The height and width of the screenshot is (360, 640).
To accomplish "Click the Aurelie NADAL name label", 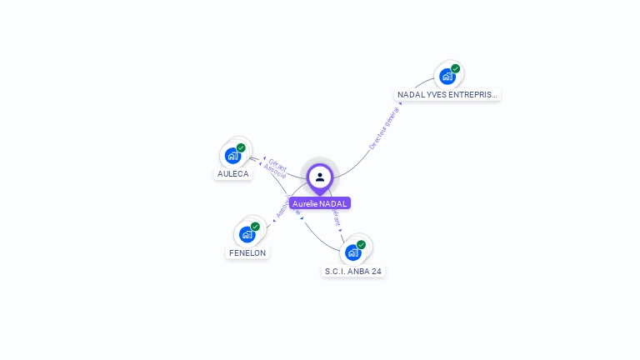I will [320, 203].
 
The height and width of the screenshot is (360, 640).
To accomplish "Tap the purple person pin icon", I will [320, 177].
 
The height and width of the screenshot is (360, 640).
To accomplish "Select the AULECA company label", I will [233, 174].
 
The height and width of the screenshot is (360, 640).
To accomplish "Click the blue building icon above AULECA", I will [232, 156].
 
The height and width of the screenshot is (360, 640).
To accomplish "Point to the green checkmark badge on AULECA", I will [241, 148].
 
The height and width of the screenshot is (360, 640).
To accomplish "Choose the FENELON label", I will [247, 252].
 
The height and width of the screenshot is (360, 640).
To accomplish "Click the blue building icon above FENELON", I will [247, 234].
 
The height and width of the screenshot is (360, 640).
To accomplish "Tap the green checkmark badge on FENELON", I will [255, 227].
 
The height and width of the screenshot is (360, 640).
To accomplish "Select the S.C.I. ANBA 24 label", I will [353, 271].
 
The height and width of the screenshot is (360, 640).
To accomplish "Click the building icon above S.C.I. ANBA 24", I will [352, 252].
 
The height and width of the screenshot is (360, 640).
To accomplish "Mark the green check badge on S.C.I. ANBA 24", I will [361, 245].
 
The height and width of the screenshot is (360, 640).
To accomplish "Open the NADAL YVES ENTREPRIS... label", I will [447, 95].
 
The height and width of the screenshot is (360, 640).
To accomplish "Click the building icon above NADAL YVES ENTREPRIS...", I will [447, 77].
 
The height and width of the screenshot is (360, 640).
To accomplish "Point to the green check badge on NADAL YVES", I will [455, 69].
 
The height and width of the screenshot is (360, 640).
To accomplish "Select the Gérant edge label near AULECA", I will [278, 162].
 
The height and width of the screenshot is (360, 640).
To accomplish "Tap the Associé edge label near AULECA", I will [274, 171].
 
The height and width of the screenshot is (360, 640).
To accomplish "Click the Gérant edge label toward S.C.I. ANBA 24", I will [337, 218].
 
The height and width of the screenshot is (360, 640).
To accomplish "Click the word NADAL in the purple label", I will [335, 203].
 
